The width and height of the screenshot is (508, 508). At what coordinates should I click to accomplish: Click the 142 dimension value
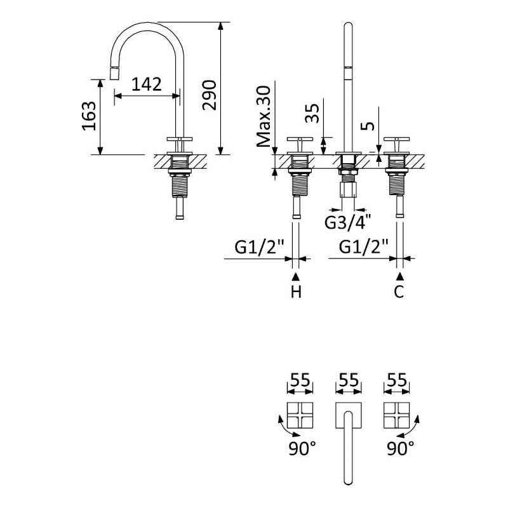147,84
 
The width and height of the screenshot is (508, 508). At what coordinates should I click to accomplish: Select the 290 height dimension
210,95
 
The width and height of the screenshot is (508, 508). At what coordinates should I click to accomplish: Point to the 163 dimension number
89,116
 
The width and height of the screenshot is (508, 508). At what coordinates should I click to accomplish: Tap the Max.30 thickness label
264,116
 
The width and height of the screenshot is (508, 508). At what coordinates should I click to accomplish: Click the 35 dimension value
312,113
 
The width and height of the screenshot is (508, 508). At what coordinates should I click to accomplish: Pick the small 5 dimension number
368,126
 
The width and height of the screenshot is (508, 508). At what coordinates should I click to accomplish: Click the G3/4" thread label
348,222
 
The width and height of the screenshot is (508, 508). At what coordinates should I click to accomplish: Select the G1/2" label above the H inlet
260,247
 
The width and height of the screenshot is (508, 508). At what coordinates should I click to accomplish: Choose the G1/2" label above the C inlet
364,247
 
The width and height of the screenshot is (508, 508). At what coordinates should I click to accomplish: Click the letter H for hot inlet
296,291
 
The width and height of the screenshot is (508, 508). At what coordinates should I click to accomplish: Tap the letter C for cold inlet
399,291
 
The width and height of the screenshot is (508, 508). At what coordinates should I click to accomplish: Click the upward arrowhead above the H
296,276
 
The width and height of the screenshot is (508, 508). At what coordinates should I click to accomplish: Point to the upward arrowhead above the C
400,276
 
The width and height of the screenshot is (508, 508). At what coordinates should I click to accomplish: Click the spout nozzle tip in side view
114,73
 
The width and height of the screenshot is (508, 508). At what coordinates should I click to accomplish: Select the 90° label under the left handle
302,448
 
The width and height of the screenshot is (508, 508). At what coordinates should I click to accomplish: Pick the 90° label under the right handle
401,448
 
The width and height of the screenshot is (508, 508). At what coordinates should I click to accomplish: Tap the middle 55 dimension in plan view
348,380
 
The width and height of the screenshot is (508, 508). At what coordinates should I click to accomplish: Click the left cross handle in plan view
300,415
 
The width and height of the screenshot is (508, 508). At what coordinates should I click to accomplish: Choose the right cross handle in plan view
396,415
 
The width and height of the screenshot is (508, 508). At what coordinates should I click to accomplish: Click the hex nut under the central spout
348,189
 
